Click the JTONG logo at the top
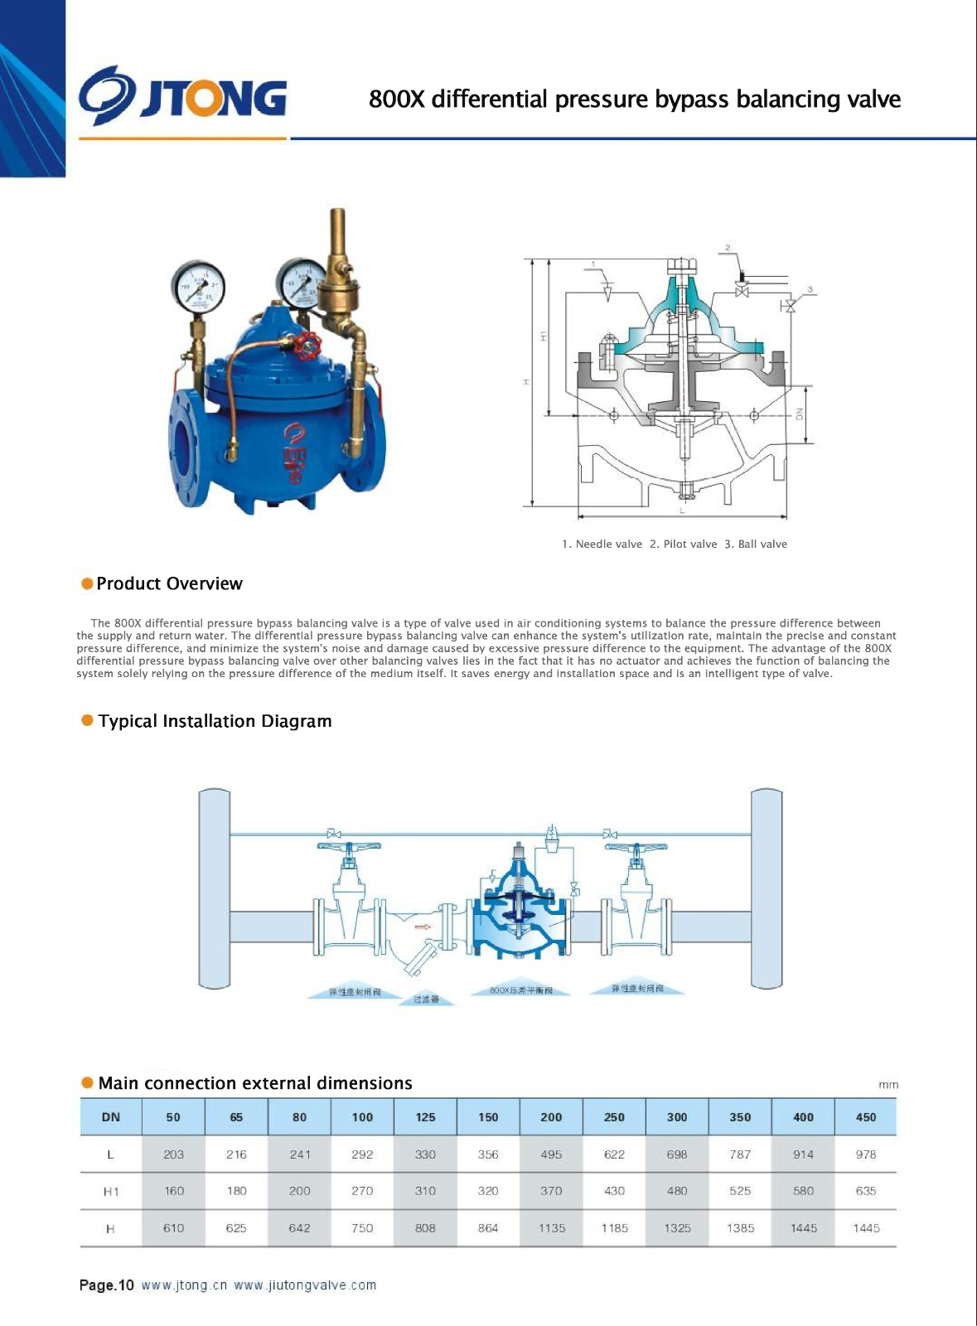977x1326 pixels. [183, 98]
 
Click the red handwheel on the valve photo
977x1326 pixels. [309, 345]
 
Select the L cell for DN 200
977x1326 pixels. [551, 1154]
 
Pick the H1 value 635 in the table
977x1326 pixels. [865, 1191]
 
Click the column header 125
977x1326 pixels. [425, 1117]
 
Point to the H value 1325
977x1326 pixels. [677, 1228]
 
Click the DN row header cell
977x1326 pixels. [111, 1117]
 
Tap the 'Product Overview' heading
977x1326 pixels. [169, 583]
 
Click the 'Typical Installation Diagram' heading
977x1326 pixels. [215, 721]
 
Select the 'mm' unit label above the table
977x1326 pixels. [888, 1085]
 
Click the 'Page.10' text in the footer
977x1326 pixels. [106, 1285]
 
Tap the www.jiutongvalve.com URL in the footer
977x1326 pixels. [305, 1285]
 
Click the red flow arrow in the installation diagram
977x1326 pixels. [423, 927]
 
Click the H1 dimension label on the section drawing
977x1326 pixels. [544, 336]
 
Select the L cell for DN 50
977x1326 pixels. [173, 1154]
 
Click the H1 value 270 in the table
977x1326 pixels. [362, 1191]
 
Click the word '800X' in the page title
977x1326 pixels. [396, 99]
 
